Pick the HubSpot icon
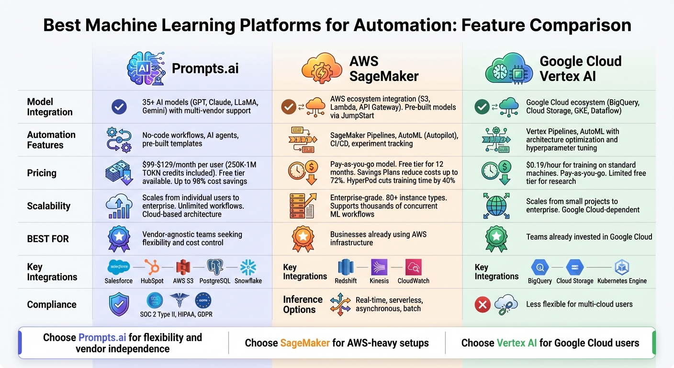coord(152,267)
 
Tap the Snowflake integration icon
coord(248,267)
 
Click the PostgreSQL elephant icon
coord(215,267)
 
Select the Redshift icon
coord(346,267)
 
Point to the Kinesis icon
coord(379,267)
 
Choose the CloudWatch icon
coord(413,267)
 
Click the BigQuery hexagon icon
coord(539,267)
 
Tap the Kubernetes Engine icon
coord(622,267)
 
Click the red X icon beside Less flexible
coord(483,304)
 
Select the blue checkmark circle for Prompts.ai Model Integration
coord(119,107)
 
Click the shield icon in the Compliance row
coord(119,304)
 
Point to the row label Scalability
coord(48,206)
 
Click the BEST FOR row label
coord(47,239)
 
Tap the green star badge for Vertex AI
coord(496,238)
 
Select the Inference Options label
coord(303,304)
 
